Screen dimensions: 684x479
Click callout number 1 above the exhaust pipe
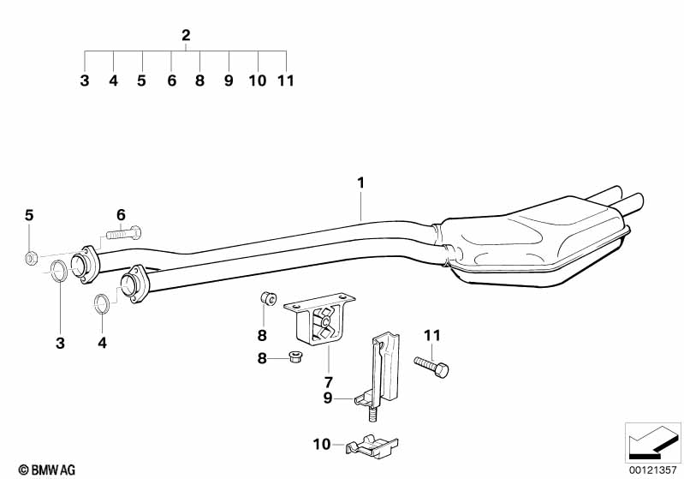tap(360, 183)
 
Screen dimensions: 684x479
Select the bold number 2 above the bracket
tap(186, 35)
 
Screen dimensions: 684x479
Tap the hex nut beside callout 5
tap(30, 259)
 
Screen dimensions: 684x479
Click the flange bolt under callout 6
tap(124, 233)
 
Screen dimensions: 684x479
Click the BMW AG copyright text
tap(47, 470)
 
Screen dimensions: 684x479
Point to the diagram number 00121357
tap(652, 470)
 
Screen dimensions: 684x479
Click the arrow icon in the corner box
tap(653, 442)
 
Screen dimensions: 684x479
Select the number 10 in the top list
tap(258, 81)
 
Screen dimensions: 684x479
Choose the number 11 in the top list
tap(286, 81)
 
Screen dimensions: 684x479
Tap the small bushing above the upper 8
tap(268, 299)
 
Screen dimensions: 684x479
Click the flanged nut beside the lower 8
tap(296, 356)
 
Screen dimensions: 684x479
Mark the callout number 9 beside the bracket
tap(328, 398)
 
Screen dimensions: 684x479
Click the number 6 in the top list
tap(171, 81)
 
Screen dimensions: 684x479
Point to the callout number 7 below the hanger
tap(328, 382)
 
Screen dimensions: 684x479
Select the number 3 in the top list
tap(85, 81)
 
